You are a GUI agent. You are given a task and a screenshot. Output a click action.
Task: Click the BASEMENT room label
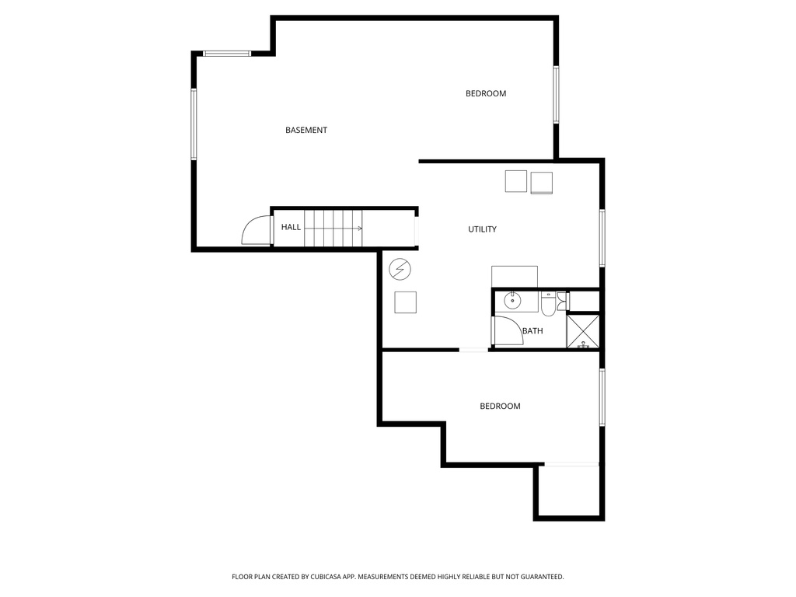coord(306,131)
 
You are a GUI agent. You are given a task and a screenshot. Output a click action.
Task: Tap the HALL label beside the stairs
coord(291,227)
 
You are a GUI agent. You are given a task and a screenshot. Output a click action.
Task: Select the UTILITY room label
coord(482,229)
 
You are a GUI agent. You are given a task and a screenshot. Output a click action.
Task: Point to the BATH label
coord(532,331)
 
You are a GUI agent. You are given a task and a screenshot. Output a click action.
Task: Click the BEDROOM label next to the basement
coord(486,94)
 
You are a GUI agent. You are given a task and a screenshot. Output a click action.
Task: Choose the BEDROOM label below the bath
coord(500,407)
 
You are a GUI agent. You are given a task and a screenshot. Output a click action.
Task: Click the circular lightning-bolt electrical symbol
coord(400,269)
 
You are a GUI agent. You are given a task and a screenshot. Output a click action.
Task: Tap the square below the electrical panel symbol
coord(405,302)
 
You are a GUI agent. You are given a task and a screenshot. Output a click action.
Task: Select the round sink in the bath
coord(512,300)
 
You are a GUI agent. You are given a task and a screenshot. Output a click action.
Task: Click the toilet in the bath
coord(549,305)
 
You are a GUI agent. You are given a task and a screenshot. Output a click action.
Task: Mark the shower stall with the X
coord(583,330)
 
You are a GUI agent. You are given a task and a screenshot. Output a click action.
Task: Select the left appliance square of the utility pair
coord(516,181)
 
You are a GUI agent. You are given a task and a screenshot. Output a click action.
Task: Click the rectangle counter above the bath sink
coord(515,276)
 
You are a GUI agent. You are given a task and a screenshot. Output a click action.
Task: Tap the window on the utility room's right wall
coord(602,238)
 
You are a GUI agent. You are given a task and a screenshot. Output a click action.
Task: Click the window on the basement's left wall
coord(194,124)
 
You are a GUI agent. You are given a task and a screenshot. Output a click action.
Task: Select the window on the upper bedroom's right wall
coord(556,94)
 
